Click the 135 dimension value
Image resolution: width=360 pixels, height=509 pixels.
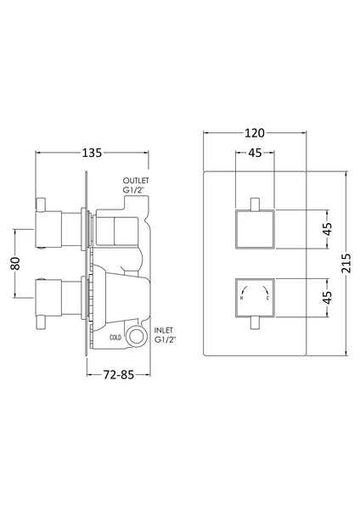pos(93,153)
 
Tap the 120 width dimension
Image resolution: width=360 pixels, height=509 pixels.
pos(254,132)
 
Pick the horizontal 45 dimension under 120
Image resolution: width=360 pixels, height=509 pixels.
pos(254,154)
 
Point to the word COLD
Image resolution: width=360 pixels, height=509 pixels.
pos(115,337)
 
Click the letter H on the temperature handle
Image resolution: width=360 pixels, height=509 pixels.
pos(243,299)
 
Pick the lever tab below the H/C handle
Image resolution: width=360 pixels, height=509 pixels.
pos(254,323)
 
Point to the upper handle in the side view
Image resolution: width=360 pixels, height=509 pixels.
pos(59,226)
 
